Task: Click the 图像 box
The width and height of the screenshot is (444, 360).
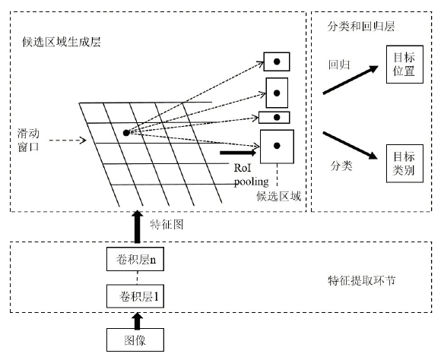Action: click(x=135, y=339)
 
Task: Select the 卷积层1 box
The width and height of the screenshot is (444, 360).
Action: click(x=135, y=296)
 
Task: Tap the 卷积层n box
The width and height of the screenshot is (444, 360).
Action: click(x=135, y=259)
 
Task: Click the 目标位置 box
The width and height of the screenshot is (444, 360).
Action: click(x=404, y=65)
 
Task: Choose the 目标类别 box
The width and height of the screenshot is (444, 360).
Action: click(x=404, y=163)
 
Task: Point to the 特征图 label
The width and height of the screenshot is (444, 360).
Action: click(x=166, y=225)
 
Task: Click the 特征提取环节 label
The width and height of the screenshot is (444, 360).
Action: click(x=362, y=280)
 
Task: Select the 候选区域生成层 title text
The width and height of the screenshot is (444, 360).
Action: click(x=62, y=42)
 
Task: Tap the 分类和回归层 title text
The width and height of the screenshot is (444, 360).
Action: click(x=361, y=27)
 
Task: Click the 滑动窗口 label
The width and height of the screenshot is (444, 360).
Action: click(x=28, y=140)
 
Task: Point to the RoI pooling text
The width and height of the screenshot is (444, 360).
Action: click(x=251, y=175)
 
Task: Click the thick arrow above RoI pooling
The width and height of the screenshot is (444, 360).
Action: click(x=238, y=153)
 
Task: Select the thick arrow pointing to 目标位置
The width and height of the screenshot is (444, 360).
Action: click(x=350, y=80)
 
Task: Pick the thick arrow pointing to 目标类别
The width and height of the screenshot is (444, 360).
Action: click(x=350, y=145)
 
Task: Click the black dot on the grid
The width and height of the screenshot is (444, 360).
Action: click(x=126, y=133)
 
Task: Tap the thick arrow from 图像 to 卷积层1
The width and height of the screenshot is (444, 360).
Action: click(x=138, y=321)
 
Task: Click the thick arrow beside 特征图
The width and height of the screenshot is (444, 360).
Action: click(x=138, y=226)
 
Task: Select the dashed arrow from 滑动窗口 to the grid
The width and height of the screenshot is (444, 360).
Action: click(x=68, y=141)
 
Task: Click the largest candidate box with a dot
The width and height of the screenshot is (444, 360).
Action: click(x=277, y=147)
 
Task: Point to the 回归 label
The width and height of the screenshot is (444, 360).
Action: click(x=339, y=65)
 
